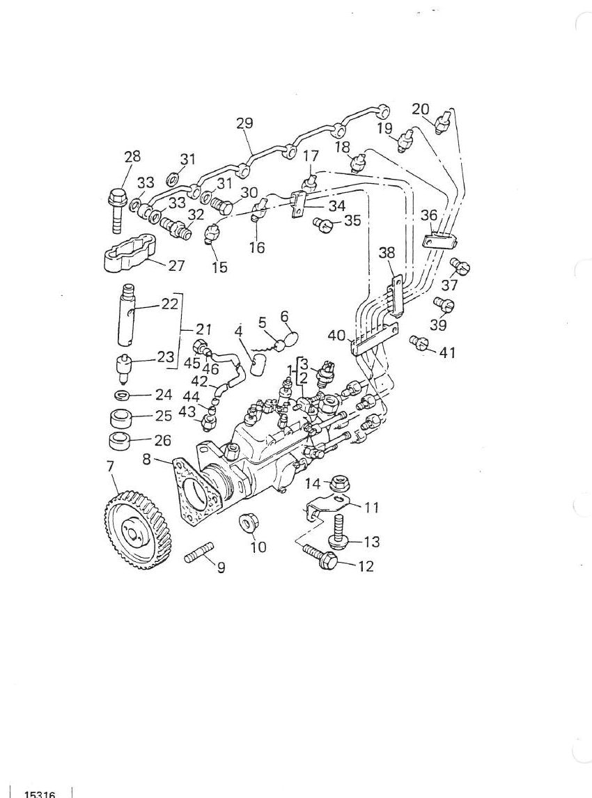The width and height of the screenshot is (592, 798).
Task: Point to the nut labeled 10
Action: tap(248, 523)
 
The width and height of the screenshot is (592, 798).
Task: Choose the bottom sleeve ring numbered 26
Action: tap(120, 439)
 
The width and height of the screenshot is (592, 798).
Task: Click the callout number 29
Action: tap(244, 123)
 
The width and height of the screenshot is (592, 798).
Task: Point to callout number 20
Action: tap(421, 109)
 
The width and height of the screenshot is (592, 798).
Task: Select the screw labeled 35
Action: tap(322, 224)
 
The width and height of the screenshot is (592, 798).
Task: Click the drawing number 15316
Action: tap(40, 793)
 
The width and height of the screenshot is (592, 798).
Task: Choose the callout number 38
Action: tap(387, 253)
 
